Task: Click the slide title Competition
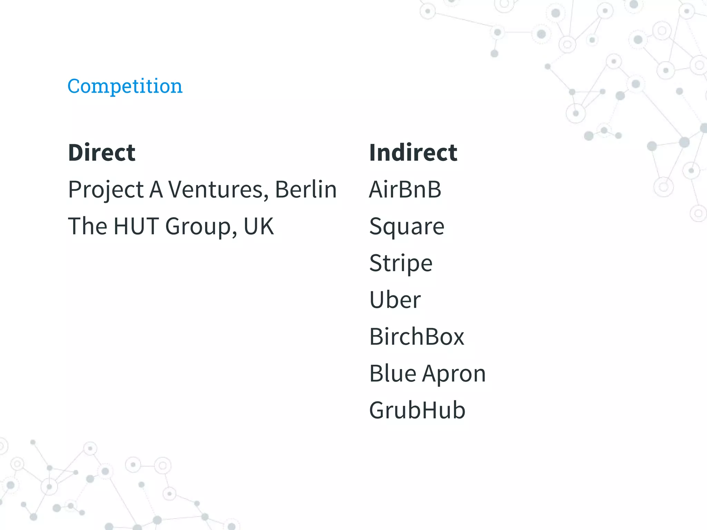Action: [x=125, y=86]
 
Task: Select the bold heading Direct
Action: [x=102, y=153]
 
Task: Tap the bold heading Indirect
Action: [x=413, y=153]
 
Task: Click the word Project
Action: [x=106, y=190]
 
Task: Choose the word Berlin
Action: [x=306, y=190]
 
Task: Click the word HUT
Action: [x=136, y=226]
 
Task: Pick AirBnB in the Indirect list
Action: [x=405, y=190]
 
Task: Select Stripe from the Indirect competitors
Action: [x=400, y=264]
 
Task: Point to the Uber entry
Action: [x=395, y=300]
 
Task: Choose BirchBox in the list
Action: [x=417, y=337]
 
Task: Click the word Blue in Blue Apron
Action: [x=393, y=373]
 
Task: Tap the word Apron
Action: [x=454, y=374]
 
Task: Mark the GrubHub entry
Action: [x=417, y=410]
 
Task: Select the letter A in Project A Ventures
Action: [x=156, y=190]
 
